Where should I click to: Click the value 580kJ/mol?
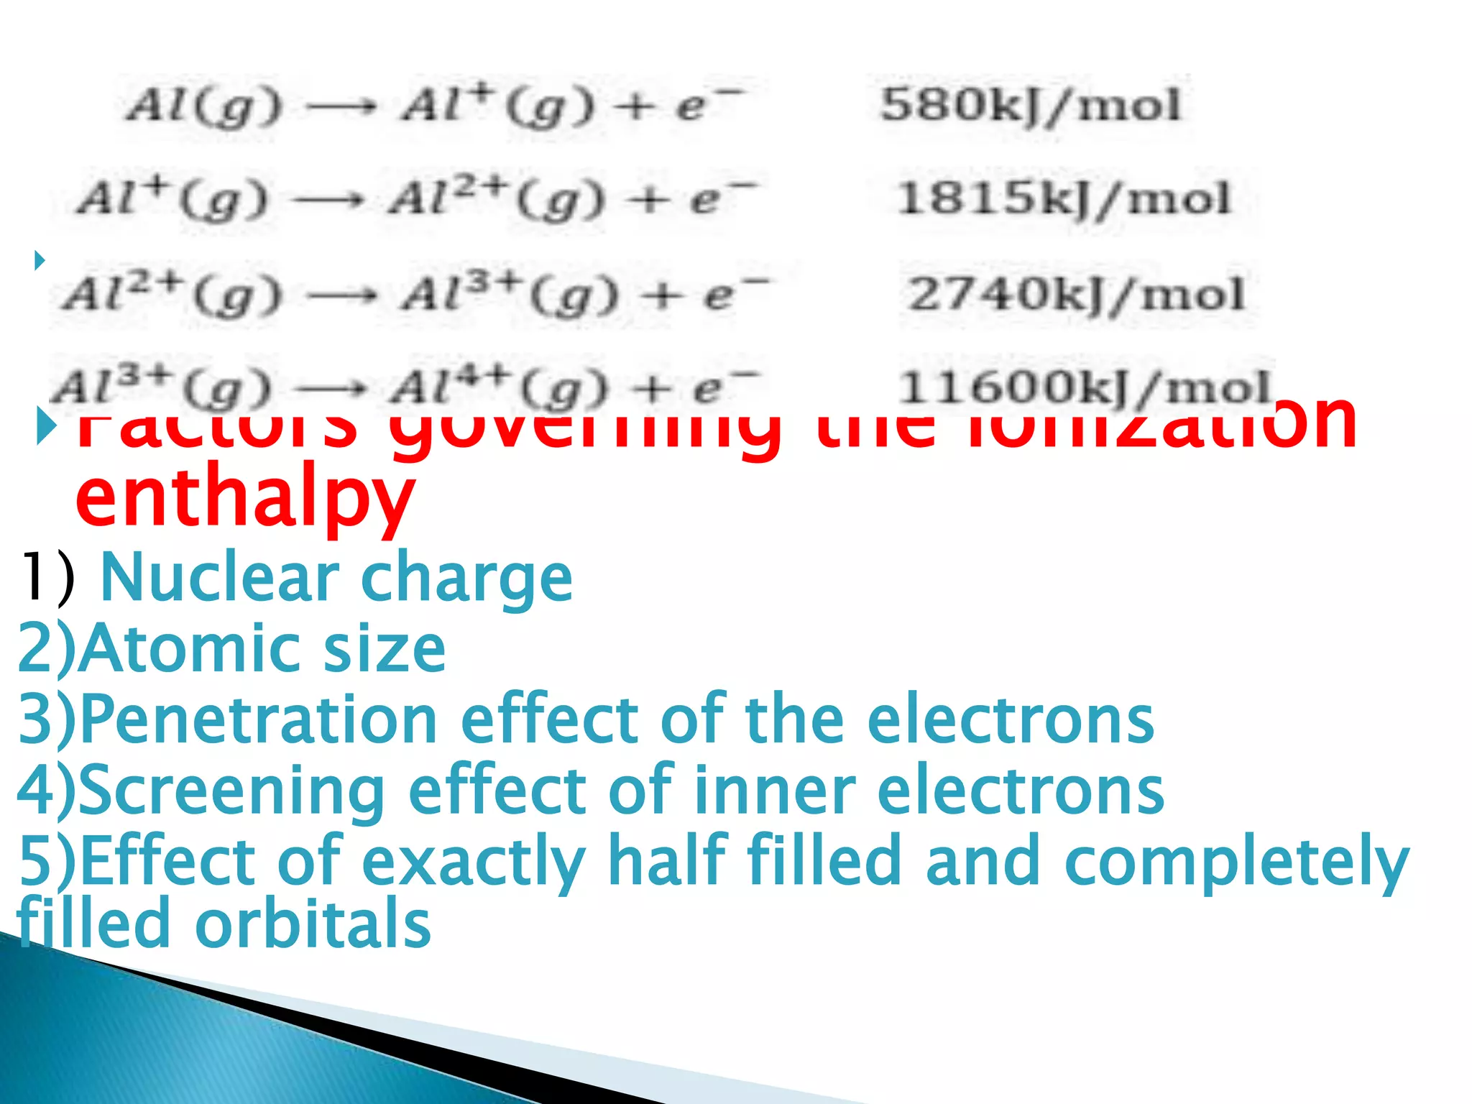1030,106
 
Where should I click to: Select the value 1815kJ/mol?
1064,198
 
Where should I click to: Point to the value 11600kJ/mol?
1085,387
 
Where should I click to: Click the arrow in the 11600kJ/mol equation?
331,390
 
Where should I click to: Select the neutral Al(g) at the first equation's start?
203,107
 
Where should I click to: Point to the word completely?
1236,862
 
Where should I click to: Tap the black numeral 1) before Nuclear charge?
47,577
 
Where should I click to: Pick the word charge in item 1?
466,579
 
